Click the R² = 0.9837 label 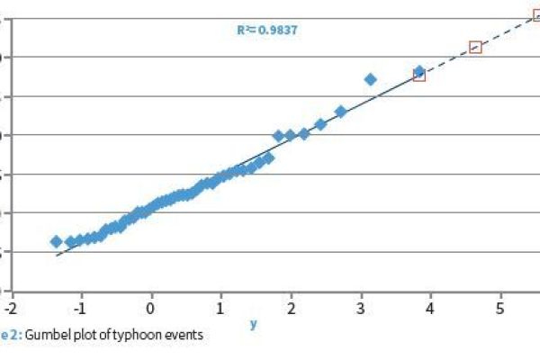point(267,30)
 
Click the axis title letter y point(253,324)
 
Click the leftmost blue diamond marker point(56,241)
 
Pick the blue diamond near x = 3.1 point(370,79)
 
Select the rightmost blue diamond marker point(418,70)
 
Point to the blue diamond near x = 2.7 point(340,112)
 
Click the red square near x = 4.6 point(475,47)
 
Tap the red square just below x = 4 point(418,76)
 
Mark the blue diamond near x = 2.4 point(319,124)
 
